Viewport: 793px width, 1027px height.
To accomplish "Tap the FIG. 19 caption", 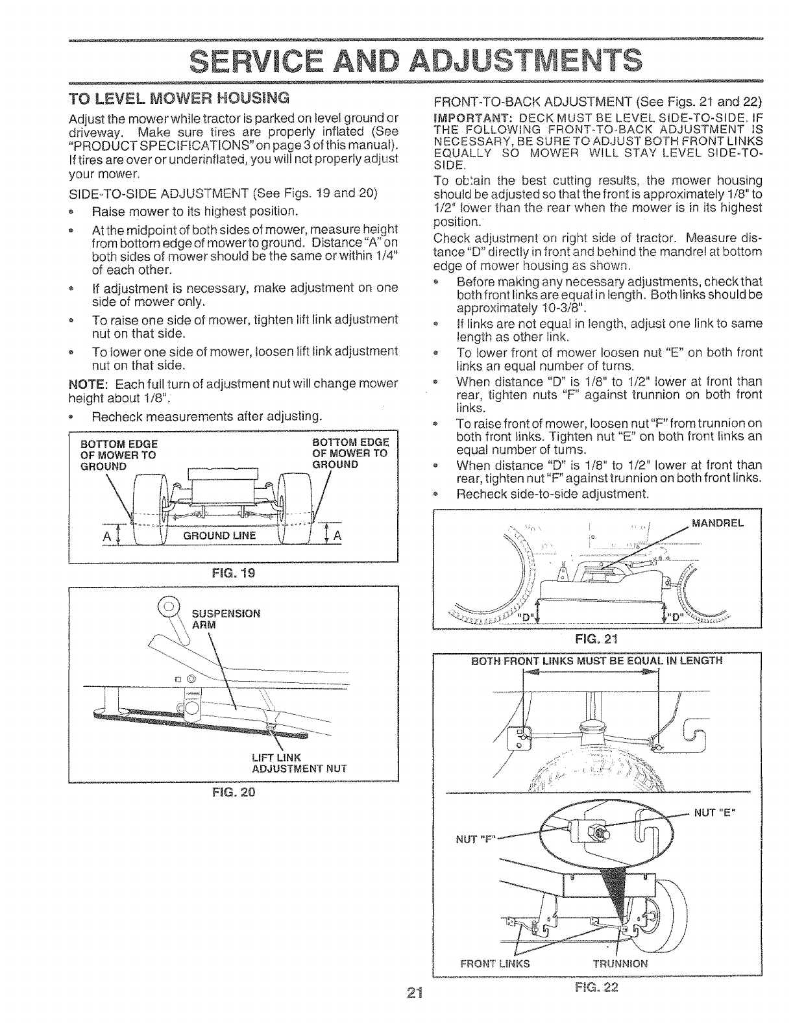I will pos(232,573).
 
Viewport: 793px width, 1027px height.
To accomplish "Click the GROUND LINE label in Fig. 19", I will pos(220,536).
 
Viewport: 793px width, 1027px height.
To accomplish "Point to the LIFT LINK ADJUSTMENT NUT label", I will pos(299,763).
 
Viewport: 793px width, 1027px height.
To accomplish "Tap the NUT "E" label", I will pos(720,813).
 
